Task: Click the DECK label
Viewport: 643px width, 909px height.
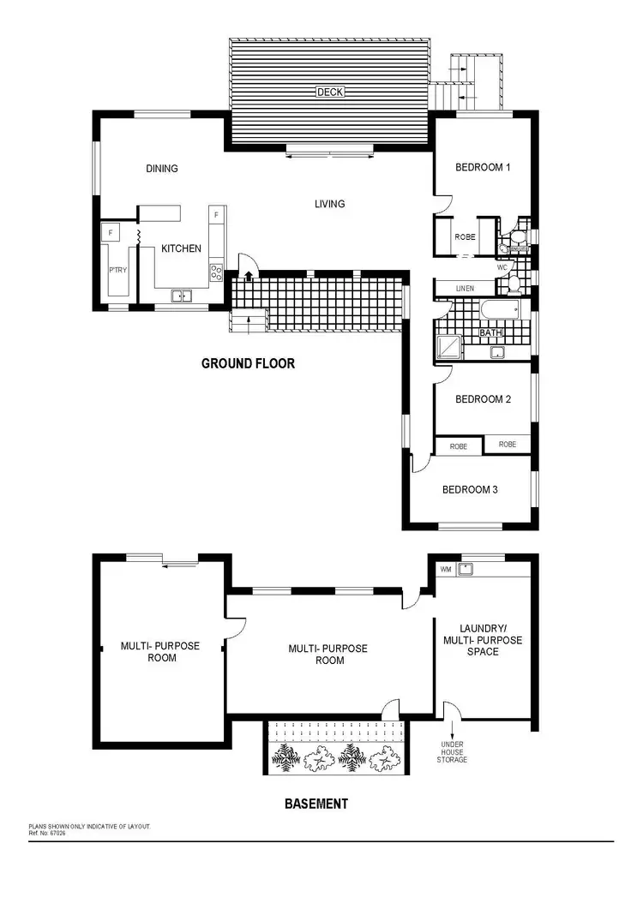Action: (x=330, y=92)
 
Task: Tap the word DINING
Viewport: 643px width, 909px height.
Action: (x=161, y=169)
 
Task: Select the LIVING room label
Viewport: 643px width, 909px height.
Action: (x=329, y=204)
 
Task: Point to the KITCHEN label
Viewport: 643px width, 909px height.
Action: (x=181, y=248)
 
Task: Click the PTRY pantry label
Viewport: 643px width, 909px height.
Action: (x=117, y=269)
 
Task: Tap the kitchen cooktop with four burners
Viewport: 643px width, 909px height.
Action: (x=217, y=272)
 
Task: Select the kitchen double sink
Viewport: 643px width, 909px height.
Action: (x=182, y=296)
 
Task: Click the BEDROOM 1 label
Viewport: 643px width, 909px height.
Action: (x=482, y=167)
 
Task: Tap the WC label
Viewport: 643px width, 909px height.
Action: (x=502, y=267)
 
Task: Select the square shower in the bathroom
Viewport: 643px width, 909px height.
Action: (x=448, y=345)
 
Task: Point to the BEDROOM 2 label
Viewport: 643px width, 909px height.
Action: (x=483, y=399)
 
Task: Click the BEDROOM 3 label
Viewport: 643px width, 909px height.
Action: (x=470, y=490)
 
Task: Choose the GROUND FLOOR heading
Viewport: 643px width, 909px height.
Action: (x=248, y=363)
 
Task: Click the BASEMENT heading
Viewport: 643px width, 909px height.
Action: (x=315, y=804)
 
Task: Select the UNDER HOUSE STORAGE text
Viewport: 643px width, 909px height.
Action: (x=452, y=752)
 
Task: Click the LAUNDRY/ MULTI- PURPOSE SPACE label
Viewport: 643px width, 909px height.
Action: (x=482, y=640)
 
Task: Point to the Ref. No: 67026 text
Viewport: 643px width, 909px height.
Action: (x=47, y=832)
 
